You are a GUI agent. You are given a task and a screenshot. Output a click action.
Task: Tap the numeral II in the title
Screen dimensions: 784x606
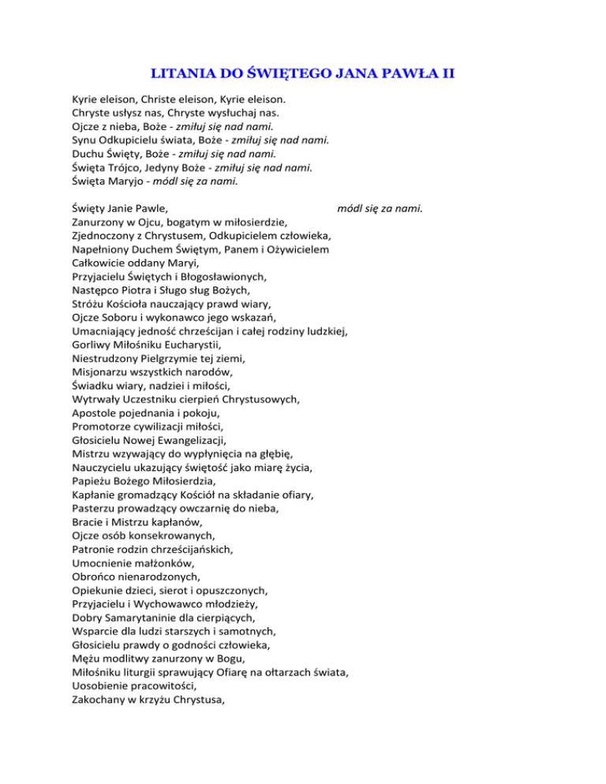click(447, 75)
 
